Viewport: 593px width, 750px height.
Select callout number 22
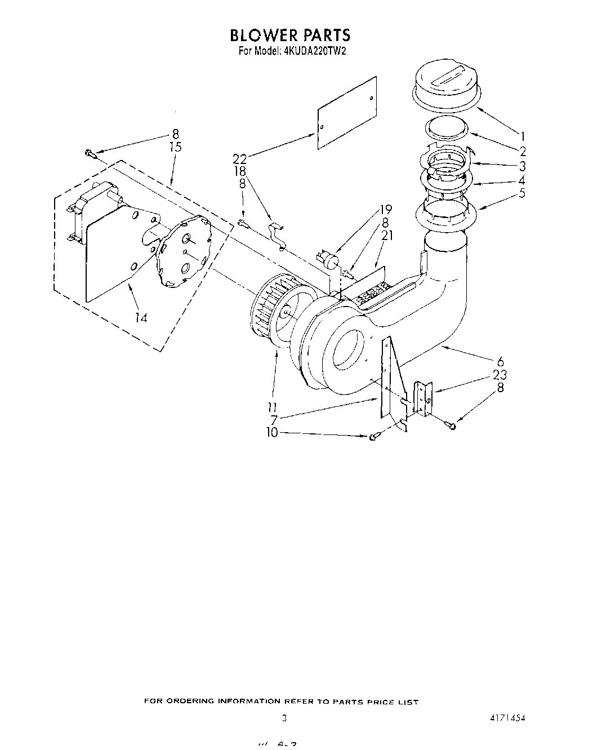click(x=240, y=160)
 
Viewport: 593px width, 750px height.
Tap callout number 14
click(x=141, y=318)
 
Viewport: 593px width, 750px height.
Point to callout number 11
click(x=272, y=407)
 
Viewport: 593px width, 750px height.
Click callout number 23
click(x=499, y=375)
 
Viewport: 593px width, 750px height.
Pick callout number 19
click(x=386, y=210)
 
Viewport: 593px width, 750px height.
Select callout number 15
click(x=175, y=147)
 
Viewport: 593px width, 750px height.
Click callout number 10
click(x=272, y=432)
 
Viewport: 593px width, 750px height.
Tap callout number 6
click(x=500, y=362)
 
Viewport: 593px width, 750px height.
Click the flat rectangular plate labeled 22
click(x=346, y=112)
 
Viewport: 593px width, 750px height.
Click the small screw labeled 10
click(x=373, y=437)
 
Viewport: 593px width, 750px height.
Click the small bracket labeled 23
click(x=423, y=398)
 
